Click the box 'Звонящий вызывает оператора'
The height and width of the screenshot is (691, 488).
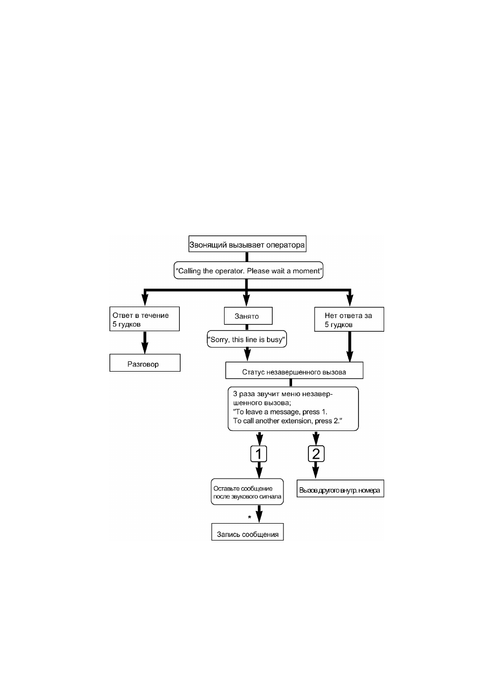pyautogui.click(x=247, y=244)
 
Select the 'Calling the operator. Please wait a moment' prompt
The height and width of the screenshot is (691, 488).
pyautogui.click(x=249, y=270)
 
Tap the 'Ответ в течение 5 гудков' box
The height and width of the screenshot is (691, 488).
pyautogui.click(x=144, y=319)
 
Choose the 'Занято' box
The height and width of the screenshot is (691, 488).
pyautogui.click(x=248, y=316)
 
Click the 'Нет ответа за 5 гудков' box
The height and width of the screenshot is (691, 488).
pyautogui.click(x=349, y=319)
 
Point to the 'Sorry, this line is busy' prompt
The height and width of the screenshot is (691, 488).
pyautogui.click(x=247, y=339)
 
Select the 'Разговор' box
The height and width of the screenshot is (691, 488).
pyautogui.click(x=145, y=363)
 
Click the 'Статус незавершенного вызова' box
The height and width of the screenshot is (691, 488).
pyautogui.click(x=294, y=370)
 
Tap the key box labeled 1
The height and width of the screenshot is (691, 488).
pyautogui.click(x=258, y=454)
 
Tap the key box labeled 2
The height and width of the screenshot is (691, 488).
pyautogui.click(x=316, y=454)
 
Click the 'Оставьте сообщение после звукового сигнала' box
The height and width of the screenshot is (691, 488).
pyautogui.click(x=247, y=492)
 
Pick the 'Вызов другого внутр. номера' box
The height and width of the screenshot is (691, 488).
pyautogui.click(x=340, y=488)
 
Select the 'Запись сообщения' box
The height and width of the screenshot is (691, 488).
pyautogui.click(x=248, y=532)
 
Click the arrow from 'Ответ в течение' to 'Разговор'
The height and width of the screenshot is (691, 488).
pyautogui.click(x=145, y=342)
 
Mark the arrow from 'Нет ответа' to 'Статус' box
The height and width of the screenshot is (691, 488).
pyautogui.click(x=349, y=347)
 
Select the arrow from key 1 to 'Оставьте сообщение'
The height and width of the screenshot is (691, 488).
pyautogui.click(x=259, y=470)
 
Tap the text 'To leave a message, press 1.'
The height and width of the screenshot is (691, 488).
pyautogui.click(x=280, y=412)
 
